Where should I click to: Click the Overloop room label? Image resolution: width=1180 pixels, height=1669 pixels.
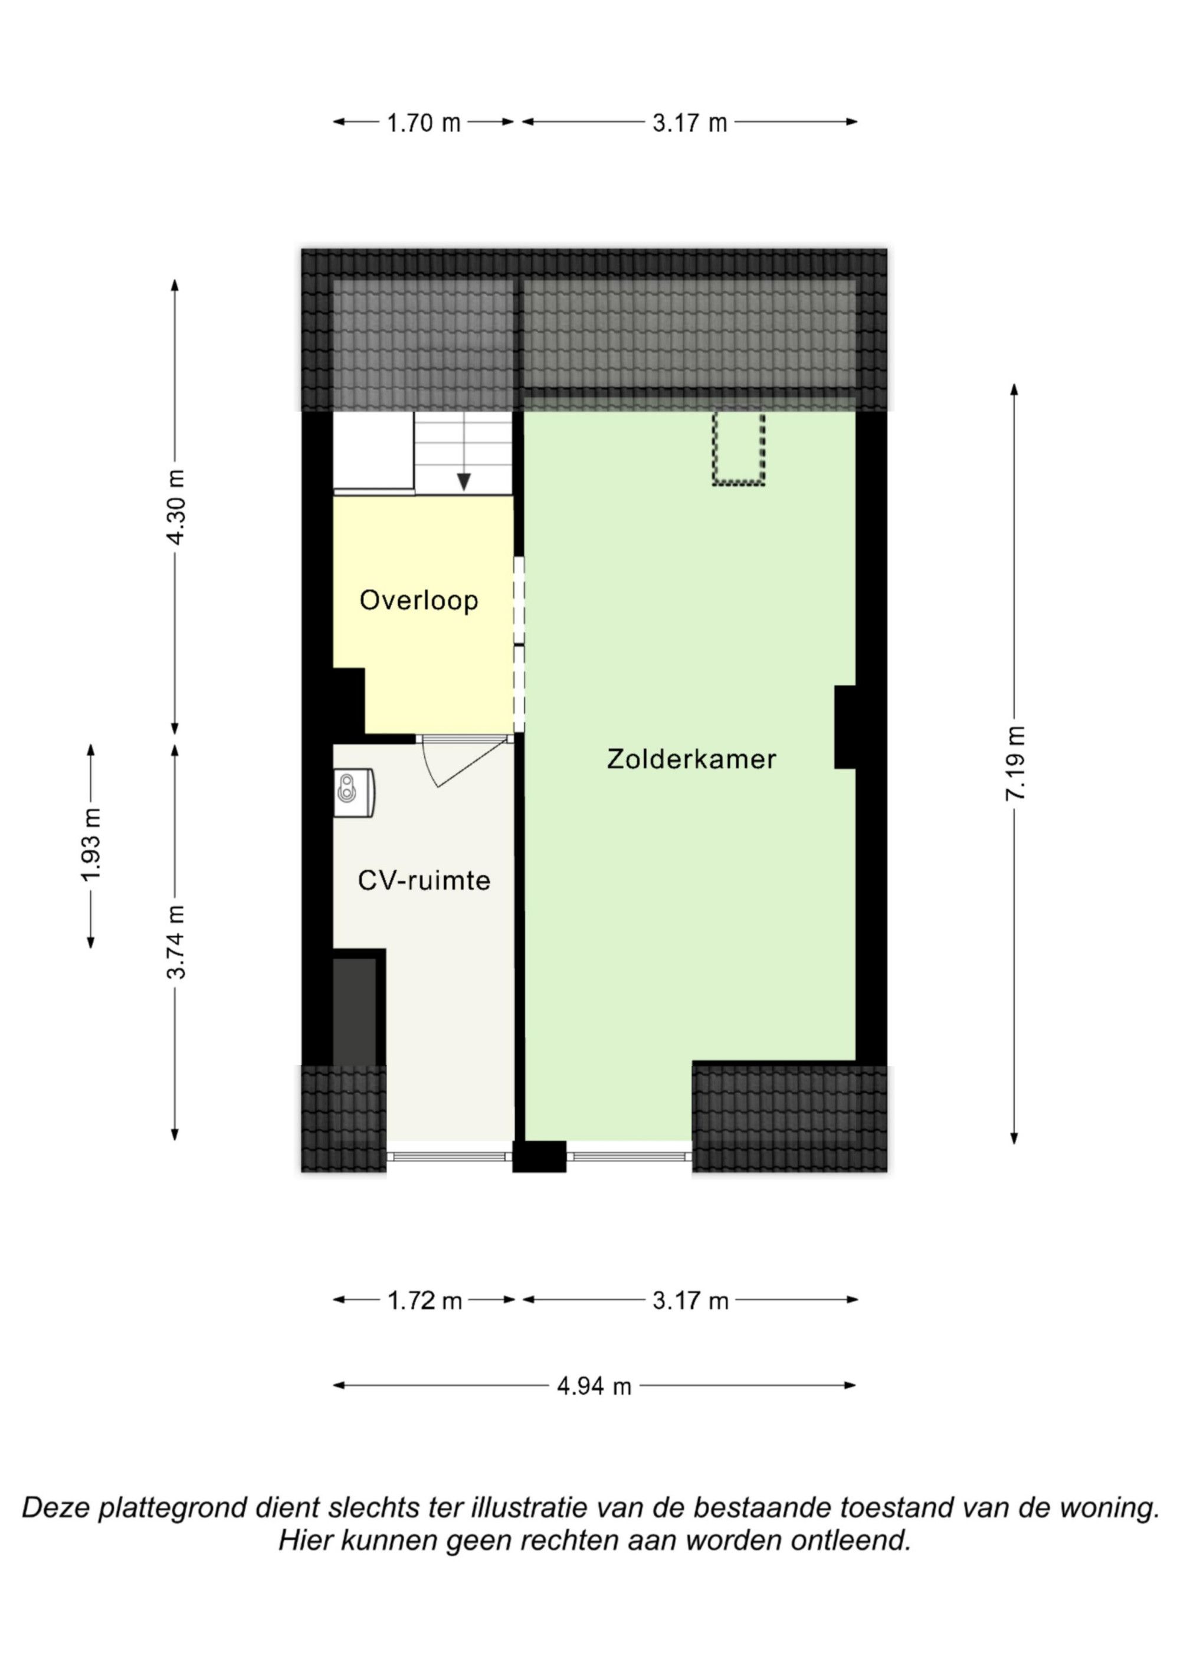(x=419, y=601)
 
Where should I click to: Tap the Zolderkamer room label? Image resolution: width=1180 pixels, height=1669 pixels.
(x=691, y=760)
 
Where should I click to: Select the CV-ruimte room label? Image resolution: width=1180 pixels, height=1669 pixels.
(x=424, y=881)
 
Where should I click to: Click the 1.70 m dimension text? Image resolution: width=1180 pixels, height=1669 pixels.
(x=424, y=123)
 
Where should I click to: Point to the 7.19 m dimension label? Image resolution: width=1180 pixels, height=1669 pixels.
(x=1015, y=764)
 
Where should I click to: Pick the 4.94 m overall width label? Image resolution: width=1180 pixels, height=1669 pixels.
(x=594, y=1387)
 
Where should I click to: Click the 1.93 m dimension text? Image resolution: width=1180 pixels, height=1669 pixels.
(x=91, y=845)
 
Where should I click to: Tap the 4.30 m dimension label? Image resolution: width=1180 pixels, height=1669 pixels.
(x=175, y=507)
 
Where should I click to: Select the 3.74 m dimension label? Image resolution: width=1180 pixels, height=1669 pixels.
(x=175, y=942)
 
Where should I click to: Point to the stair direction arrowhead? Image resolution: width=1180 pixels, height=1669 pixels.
(x=464, y=482)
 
